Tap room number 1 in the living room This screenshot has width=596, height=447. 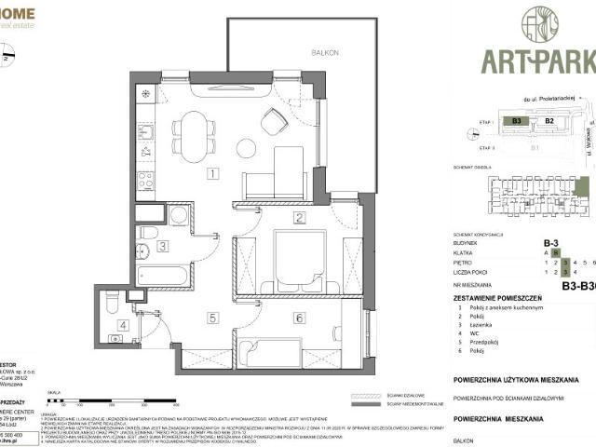tap(213, 173)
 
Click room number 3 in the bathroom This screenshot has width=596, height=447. tap(162, 247)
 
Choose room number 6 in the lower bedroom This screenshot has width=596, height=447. tap(298, 318)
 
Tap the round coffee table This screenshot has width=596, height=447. tap(246, 148)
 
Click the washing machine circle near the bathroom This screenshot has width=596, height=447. tap(179, 215)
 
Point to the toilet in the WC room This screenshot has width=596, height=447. tap(113, 303)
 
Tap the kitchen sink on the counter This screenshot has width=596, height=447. tap(145, 132)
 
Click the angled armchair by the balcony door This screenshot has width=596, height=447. tap(274, 121)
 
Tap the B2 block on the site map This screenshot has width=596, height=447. tap(549, 120)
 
